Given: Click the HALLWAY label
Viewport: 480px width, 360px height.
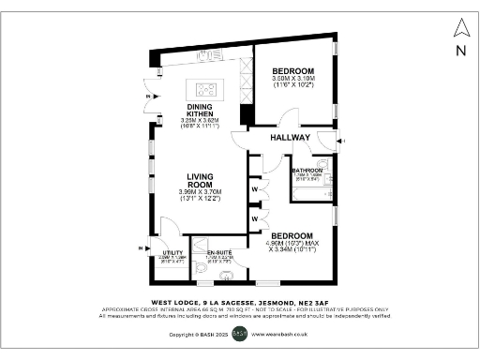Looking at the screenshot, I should pyautogui.click(x=290, y=138).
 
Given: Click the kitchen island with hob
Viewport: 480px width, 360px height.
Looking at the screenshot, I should pyautogui.click(x=203, y=89).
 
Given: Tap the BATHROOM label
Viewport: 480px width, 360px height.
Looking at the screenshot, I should pyautogui.click(x=307, y=170).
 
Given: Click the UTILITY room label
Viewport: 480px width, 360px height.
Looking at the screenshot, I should pyautogui.click(x=172, y=253).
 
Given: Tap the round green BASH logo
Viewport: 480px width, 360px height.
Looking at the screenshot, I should pyautogui.click(x=239, y=333).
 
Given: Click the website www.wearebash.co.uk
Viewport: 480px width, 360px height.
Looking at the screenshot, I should pyautogui.click(x=280, y=334).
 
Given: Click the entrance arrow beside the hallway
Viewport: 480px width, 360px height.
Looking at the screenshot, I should pyautogui.click(x=343, y=141).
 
